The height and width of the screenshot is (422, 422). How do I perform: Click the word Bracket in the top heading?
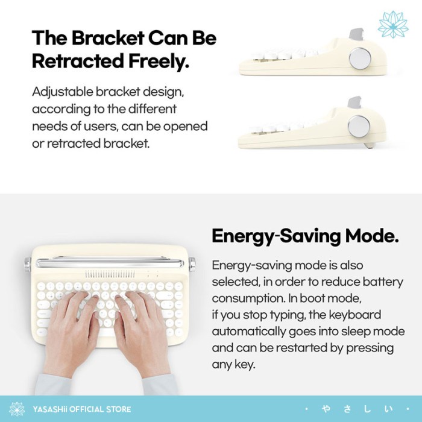[x=108, y=37]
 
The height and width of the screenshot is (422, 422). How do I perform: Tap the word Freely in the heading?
[x=159, y=61]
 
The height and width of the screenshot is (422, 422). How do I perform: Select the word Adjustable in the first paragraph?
[x=63, y=92]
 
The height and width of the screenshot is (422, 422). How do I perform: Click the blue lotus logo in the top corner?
[x=393, y=25]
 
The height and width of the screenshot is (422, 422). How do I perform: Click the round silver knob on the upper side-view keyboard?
[x=360, y=58]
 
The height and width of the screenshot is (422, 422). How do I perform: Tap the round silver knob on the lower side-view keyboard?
[x=359, y=126]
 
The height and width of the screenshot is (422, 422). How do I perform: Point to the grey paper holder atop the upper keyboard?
[x=356, y=34]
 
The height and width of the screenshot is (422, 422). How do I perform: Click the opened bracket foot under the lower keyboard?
[x=369, y=145]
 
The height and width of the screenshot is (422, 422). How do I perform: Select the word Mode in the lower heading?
[x=372, y=236]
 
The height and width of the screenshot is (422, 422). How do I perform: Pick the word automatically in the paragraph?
[x=248, y=332]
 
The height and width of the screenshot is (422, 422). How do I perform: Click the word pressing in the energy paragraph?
[x=370, y=348]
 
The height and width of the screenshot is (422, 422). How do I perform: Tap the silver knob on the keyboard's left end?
[x=28, y=265]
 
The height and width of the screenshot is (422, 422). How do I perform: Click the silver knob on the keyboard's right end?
[x=192, y=265]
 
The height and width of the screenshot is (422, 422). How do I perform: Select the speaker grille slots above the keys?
[x=110, y=274]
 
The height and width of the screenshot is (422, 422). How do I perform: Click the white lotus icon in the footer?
[x=17, y=409]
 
